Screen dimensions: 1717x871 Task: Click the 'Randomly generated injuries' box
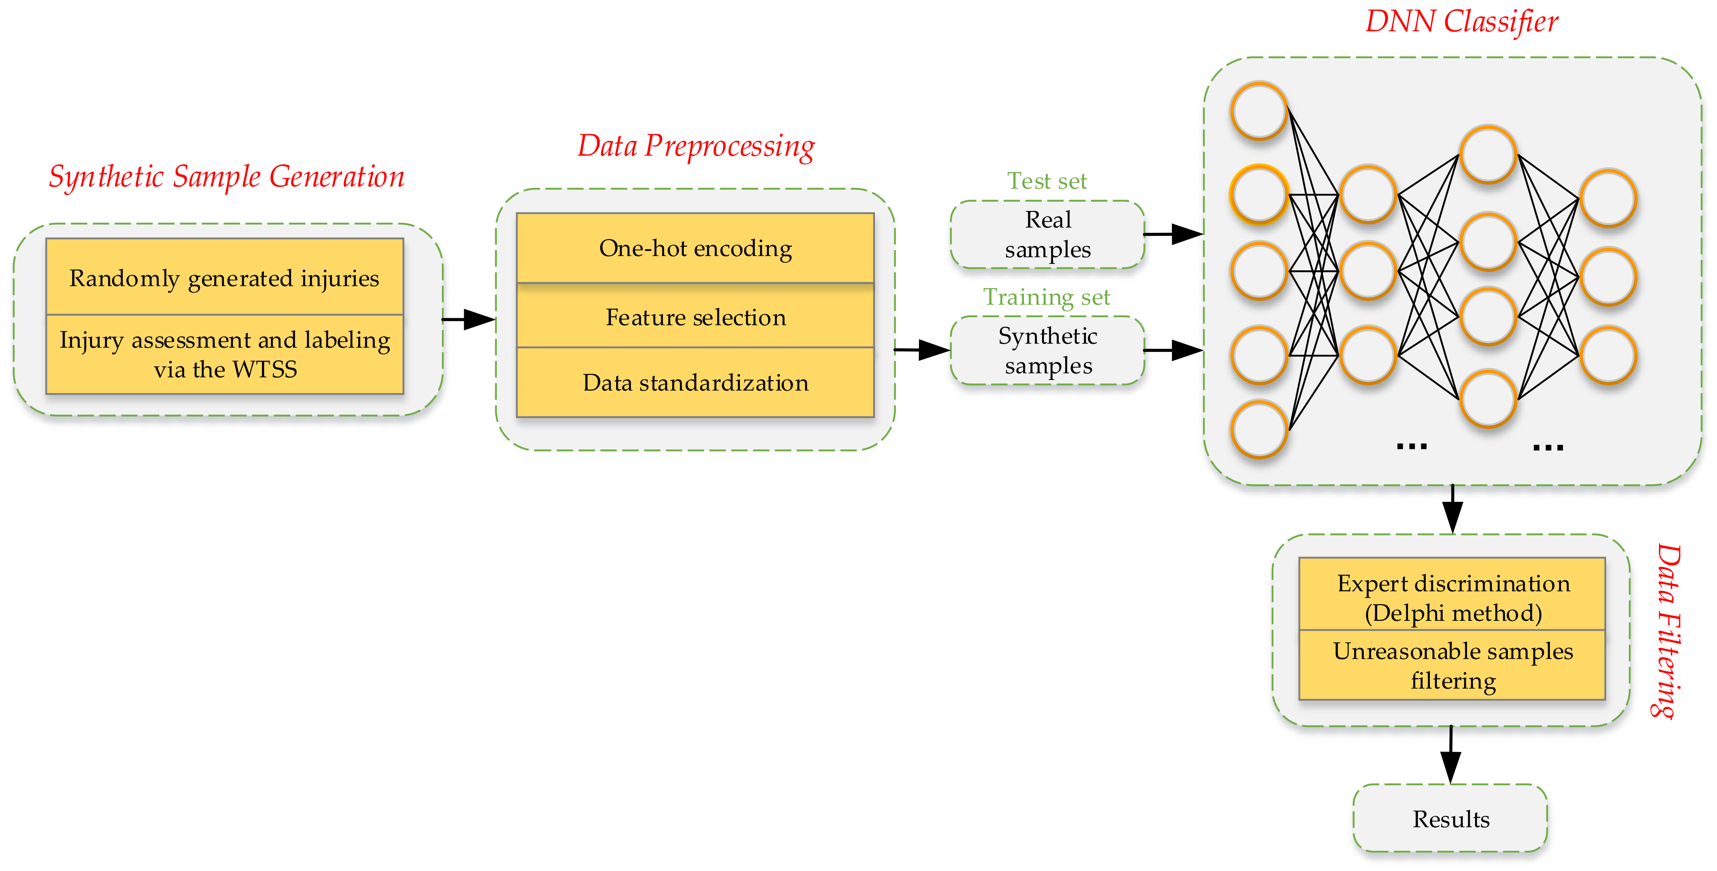tap(225, 277)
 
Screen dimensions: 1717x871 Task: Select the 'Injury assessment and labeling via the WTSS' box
tap(225, 354)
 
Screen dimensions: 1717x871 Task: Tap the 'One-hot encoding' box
tap(695, 248)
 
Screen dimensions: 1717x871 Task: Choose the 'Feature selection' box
tap(695, 316)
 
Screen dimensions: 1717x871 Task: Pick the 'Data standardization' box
tap(695, 382)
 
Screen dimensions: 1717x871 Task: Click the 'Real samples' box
tap(1048, 234)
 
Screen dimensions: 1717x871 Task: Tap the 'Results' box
tap(1450, 818)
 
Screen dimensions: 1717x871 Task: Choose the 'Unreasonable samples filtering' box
tap(1452, 665)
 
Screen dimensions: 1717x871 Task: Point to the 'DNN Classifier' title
tap(1462, 21)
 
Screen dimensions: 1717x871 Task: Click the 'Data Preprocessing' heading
tap(696, 146)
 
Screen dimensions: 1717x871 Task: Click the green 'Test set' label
tap(1047, 181)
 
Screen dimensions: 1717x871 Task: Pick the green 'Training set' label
tap(1047, 297)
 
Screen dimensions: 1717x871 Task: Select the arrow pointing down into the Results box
tap(1451, 755)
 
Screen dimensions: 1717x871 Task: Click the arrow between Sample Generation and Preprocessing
tap(469, 319)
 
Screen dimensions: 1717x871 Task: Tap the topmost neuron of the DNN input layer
tap(1259, 111)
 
